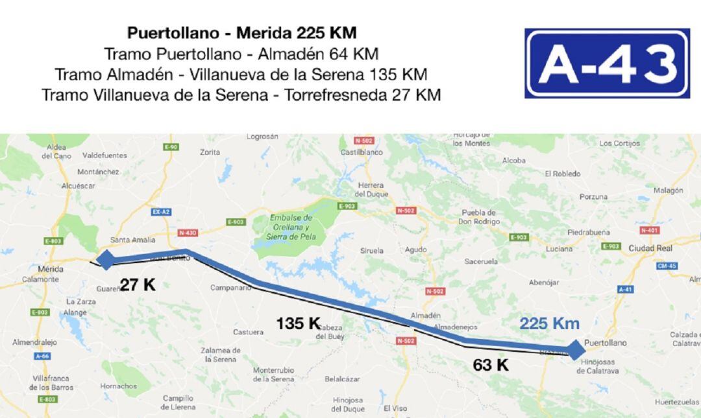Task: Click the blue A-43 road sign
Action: point(607,64)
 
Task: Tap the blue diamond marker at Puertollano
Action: point(574,350)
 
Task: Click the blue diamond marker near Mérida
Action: point(105,260)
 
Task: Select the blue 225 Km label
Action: point(549,323)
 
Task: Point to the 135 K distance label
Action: point(298,323)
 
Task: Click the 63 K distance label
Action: point(491,365)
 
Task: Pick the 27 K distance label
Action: point(138,284)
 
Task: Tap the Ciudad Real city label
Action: point(650,248)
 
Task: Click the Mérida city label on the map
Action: point(51,269)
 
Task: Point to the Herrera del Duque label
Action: point(372,189)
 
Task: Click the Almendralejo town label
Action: point(34,342)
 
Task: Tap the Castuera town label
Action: point(248,332)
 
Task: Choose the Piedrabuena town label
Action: point(589,232)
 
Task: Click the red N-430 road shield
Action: point(186,233)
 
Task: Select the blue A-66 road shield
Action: point(42,356)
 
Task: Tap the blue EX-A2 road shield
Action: point(160,212)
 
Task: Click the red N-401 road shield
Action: point(649,230)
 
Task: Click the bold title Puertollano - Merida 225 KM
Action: point(241,32)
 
